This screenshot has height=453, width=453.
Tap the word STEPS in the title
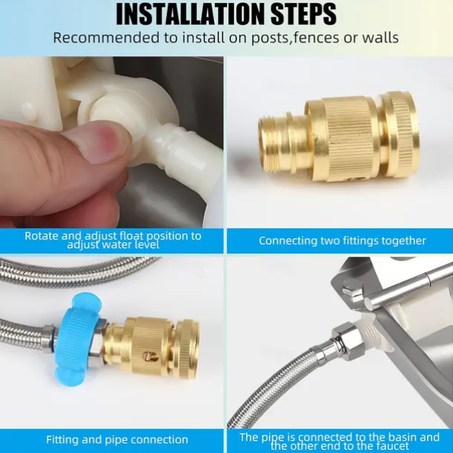[x=304, y=14]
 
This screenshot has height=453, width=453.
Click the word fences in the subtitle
[x=316, y=38]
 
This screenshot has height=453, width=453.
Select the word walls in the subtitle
[x=380, y=38]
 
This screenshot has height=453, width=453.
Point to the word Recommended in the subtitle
[x=106, y=38]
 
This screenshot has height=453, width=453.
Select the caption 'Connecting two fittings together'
[x=342, y=241]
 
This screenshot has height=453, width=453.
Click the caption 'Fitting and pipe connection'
[x=117, y=440]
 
